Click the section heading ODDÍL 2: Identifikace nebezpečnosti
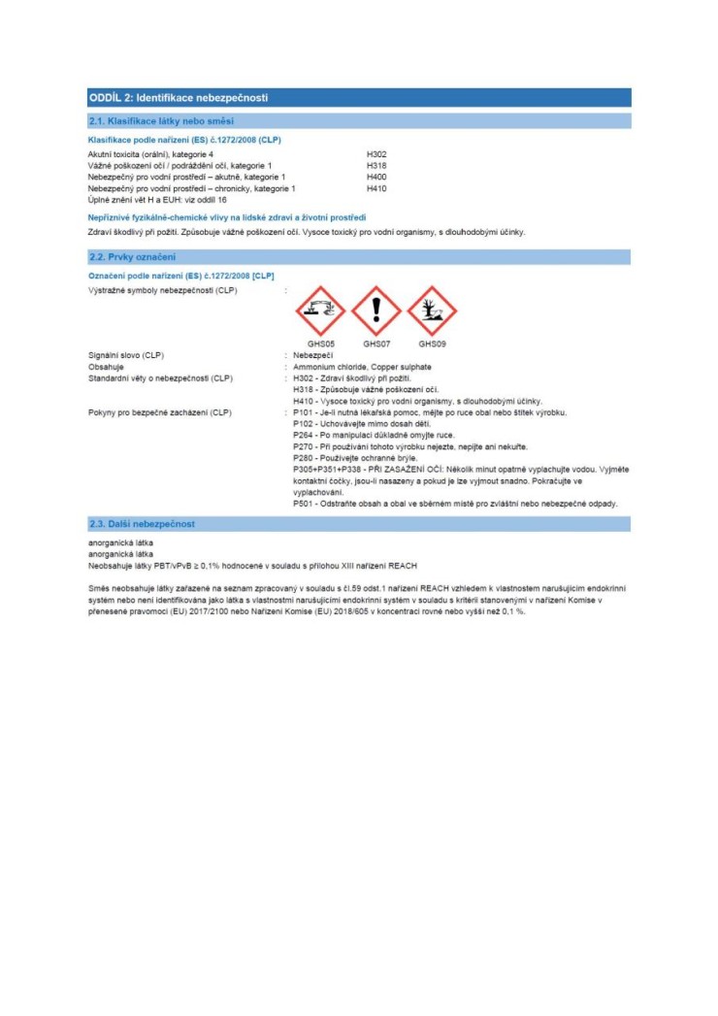pos(178,98)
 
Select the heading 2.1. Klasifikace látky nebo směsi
pos(160,121)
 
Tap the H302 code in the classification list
pos(376,154)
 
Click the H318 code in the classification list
pos(376,166)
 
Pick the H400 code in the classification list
pos(376,177)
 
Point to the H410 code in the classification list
pos(376,188)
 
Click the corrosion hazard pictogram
pos(321,310)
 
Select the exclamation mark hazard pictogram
pos(376,310)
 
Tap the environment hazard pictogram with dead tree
pos(432,310)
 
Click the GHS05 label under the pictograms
pos(321,344)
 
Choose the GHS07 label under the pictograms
pos(376,344)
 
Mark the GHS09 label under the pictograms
pos(432,344)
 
